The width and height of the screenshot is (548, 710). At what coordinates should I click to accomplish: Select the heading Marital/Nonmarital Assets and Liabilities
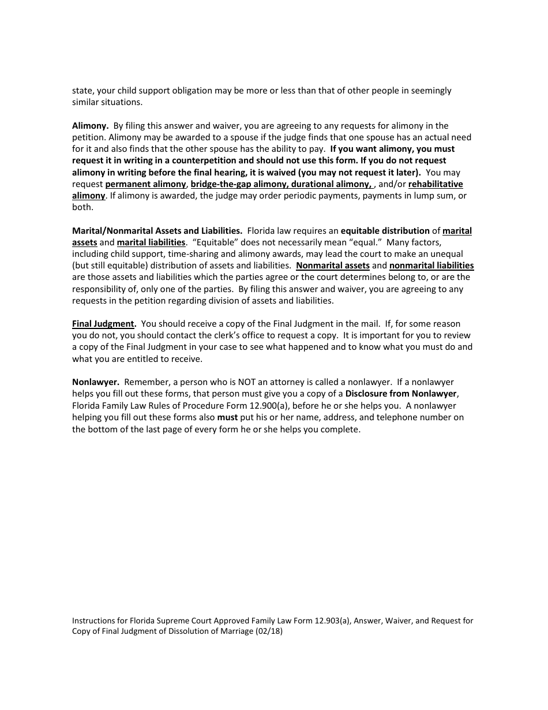click(157, 231)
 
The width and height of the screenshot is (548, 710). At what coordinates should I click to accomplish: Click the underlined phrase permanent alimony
click(145, 184)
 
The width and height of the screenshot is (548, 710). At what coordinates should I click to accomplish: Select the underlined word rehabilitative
click(436, 184)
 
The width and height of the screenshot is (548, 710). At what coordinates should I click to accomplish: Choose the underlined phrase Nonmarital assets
click(333, 266)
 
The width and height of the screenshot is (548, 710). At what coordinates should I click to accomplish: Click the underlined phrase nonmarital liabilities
click(431, 266)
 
